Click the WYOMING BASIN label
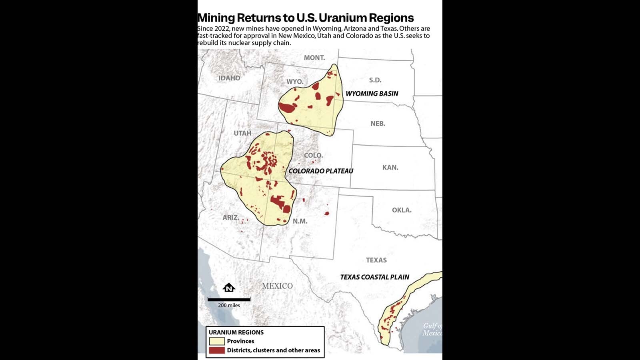(372, 94)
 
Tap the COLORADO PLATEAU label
(321, 171)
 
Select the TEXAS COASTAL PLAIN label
(374, 277)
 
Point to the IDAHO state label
(229, 78)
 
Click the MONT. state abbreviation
(314, 58)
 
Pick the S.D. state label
(375, 80)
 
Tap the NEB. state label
(378, 124)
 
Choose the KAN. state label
(390, 168)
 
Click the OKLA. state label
(402, 210)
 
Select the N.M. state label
(300, 221)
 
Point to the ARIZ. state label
(231, 218)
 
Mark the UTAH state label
(242, 133)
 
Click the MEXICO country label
(277, 286)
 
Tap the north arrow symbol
(229, 288)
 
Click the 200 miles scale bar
(229, 299)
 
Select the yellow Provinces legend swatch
(216, 341)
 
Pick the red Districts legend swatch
(216, 350)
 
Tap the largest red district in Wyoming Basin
(287, 108)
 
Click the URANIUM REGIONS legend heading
(236, 332)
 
